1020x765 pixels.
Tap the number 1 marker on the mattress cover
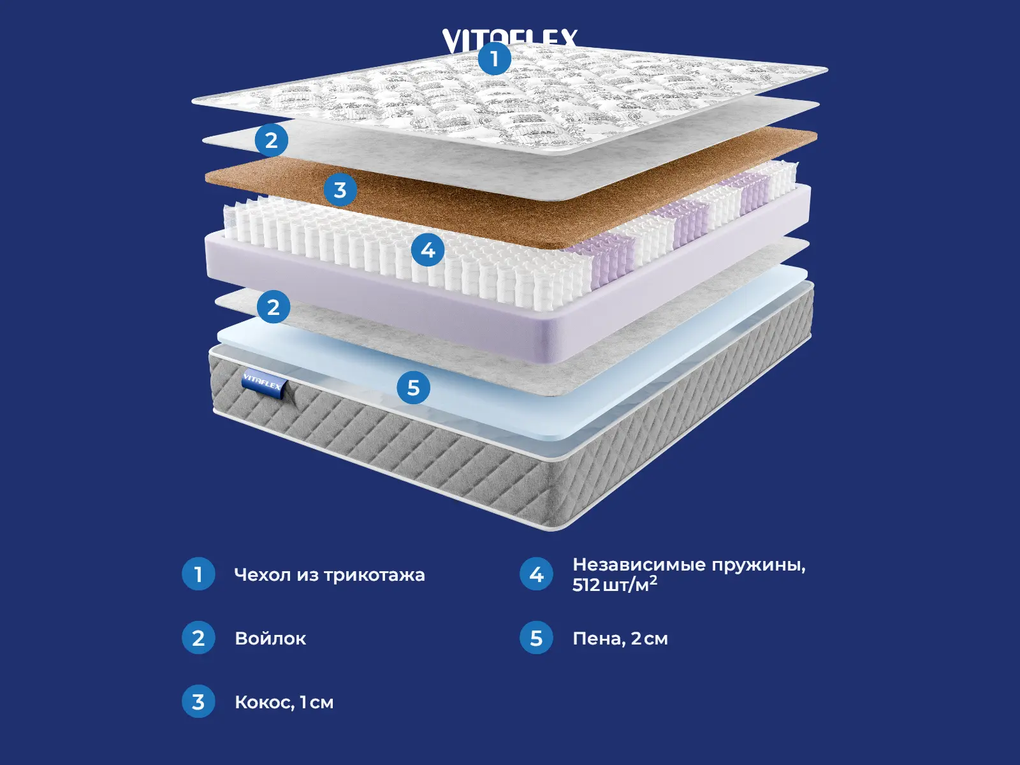click(494, 59)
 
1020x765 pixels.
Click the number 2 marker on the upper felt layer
click(272, 140)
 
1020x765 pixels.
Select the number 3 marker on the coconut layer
click(340, 190)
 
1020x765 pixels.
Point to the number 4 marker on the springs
click(428, 250)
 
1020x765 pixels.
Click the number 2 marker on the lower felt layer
click(273, 307)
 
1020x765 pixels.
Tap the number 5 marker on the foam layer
click(413, 388)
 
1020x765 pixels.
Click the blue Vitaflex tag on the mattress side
click(263, 384)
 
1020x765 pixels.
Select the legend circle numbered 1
click(198, 574)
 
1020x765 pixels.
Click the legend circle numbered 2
click(198, 638)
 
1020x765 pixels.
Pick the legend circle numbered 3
click(198, 702)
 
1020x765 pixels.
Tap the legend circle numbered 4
click(536, 574)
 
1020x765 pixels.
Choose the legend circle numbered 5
click(536, 638)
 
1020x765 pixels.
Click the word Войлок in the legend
click(270, 639)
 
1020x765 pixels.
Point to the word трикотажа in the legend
click(374, 575)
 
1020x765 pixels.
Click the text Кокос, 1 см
click(284, 703)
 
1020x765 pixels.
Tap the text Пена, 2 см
click(620, 639)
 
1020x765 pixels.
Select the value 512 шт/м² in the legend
click(615, 585)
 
